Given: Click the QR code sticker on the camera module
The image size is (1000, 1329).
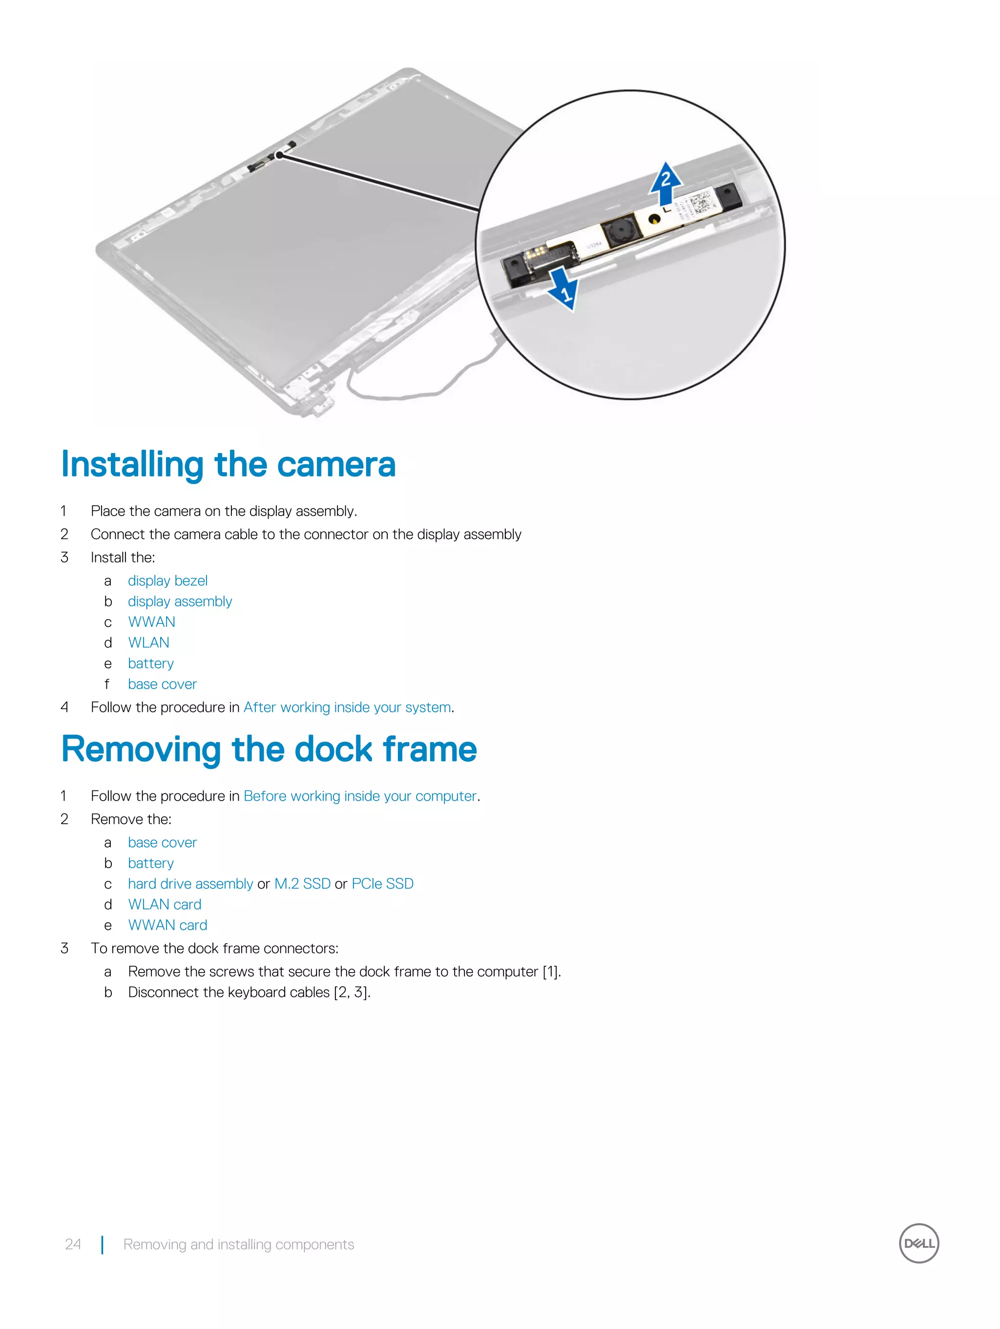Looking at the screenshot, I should click(701, 203).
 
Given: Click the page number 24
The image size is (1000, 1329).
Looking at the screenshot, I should click(73, 1244).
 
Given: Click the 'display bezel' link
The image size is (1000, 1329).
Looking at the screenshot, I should click(167, 581).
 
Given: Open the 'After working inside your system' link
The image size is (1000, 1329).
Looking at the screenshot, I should click(347, 707).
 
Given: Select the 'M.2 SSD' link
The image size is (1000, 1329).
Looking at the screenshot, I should click(302, 883).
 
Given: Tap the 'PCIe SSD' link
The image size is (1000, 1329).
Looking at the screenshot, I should click(382, 883).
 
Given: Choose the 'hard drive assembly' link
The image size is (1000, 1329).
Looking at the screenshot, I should click(190, 883).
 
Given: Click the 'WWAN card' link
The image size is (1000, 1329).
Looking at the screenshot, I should click(167, 925).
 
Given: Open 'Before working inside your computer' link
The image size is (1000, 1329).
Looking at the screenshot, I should click(359, 795).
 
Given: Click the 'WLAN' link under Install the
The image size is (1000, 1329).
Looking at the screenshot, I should click(148, 642).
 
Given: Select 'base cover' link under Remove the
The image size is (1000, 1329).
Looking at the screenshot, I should click(162, 842).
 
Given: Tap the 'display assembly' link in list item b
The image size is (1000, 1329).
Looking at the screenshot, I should click(180, 601).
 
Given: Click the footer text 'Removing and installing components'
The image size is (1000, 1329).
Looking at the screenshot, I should click(239, 1244).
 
